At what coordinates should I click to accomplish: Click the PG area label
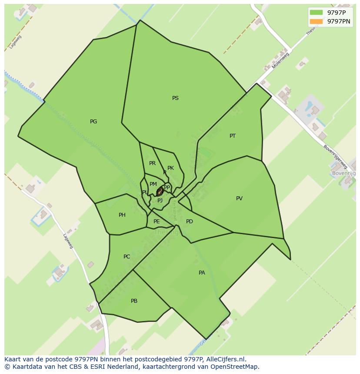[93, 122]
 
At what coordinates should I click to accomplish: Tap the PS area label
[175, 98]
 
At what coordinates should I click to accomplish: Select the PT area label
[233, 136]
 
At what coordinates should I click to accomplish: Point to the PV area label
[239, 199]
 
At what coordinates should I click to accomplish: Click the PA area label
[202, 273]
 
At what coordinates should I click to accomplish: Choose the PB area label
[134, 301]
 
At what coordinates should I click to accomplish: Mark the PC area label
[127, 257]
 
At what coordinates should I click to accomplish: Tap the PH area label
[122, 215]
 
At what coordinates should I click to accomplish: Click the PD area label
[190, 222]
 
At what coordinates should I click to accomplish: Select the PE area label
[157, 222]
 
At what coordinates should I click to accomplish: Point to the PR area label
[152, 163]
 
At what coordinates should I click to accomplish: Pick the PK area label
[170, 168]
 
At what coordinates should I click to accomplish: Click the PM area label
[153, 184]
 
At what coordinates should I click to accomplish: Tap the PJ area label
[160, 201]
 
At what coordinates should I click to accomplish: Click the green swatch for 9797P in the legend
[316, 13]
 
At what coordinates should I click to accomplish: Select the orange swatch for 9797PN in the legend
[316, 21]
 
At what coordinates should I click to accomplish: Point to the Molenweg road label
[280, 60]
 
